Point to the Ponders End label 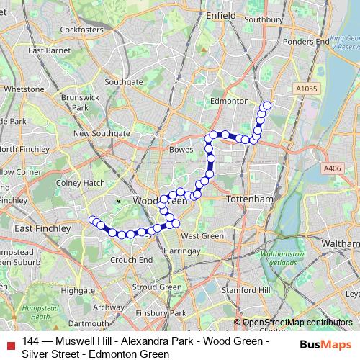coord(302,42)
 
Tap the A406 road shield coord(332,168)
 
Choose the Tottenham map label coord(248,198)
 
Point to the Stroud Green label coord(157,287)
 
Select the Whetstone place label coord(24,89)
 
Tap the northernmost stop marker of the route coord(267,106)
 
